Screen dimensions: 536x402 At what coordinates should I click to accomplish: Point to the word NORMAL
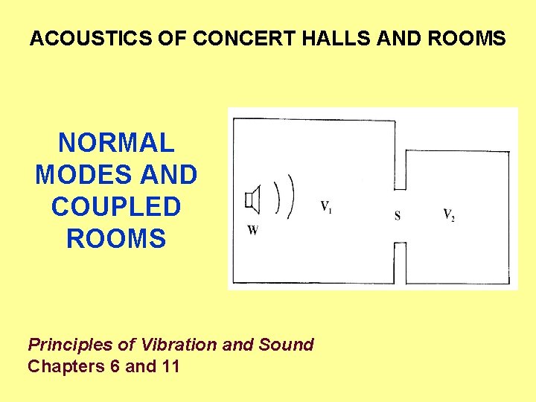coord(116,142)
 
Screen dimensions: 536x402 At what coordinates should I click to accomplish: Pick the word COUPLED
coord(116,207)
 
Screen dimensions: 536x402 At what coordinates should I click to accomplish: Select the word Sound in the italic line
coord(286,345)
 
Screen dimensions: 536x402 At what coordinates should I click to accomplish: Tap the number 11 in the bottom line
coord(169,366)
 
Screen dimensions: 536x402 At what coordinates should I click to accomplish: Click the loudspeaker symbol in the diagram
coord(253,200)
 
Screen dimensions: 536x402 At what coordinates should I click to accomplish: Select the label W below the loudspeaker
coord(253,230)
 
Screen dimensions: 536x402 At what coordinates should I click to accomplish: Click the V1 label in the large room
coord(326,206)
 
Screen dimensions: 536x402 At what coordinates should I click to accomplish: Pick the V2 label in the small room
coord(449,215)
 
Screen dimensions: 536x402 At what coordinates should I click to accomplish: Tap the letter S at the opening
coord(398,216)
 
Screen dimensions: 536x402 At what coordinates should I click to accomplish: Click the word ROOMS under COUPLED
coord(116,239)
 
